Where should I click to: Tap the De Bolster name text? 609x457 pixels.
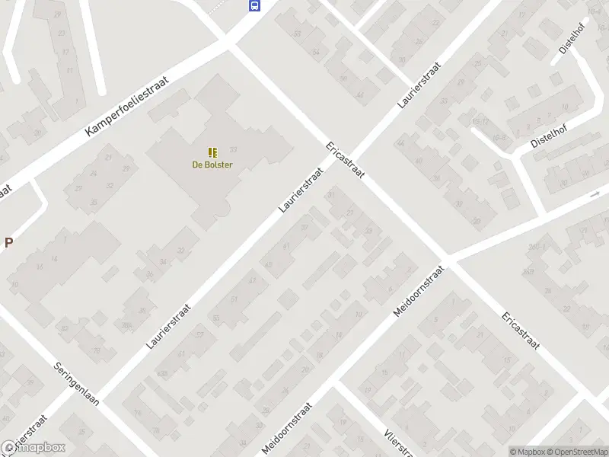pos(212,165)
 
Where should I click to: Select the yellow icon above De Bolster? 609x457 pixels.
pos(212,152)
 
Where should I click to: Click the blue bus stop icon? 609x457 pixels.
pos(254,6)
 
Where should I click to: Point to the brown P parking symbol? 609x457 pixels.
pos(9,243)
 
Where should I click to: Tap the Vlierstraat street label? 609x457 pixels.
pos(396,442)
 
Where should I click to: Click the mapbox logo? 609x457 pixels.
pos(34,448)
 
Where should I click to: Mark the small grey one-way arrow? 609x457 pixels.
pos(595,195)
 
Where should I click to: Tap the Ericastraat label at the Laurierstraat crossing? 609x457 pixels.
pos(345,159)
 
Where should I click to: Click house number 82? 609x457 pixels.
pos(65,329)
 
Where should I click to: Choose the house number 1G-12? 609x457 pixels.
pos(480,122)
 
